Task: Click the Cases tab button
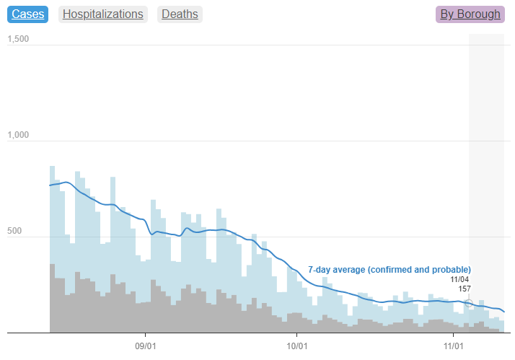pyautogui.click(x=28, y=14)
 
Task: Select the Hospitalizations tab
pyautogui.click(x=102, y=14)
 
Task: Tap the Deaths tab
pyautogui.click(x=180, y=14)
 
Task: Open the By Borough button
pyautogui.click(x=470, y=14)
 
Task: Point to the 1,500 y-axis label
pyautogui.click(x=17, y=39)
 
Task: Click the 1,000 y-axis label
pyautogui.click(x=17, y=135)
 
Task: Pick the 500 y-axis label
pyautogui.click(x=20, y=231)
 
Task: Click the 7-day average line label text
pyautogui.click(x=389, y=270)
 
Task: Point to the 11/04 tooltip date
pyautogui.click(x=460, y=279)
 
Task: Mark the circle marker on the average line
pyautogui.click(x=469, y=303)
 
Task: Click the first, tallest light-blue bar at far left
pyautogui.click(x=52, y=216)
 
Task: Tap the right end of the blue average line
pyautogui.click(x=503, y=312)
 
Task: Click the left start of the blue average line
pyautogui.click(x=50, y=185)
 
